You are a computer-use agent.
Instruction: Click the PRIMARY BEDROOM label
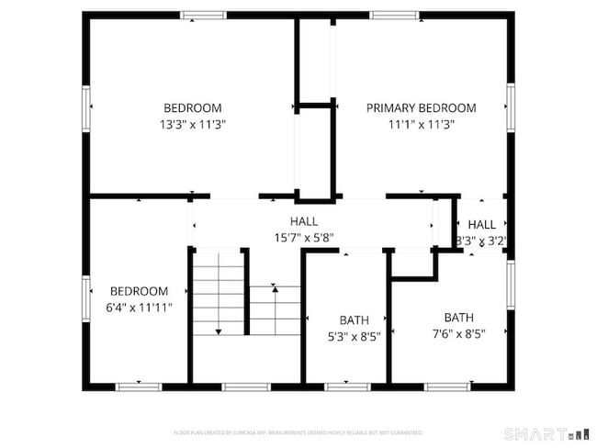pyautogui.click(x=408, y=107)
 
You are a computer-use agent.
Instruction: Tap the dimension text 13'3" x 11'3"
pyautogui.click(x=193, y=124)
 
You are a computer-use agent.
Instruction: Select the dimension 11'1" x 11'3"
pyautogui.click(x=408, y=124)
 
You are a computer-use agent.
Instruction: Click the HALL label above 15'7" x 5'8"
pyautogui.click(x=304, y=221)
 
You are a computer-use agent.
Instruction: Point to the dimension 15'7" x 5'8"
pyautogui.click(x=304, y=238)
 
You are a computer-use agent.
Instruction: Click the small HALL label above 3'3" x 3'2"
pyautogui.click(x=481, y=225)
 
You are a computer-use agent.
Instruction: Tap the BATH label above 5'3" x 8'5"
pyautogui.click(x=354, y=319)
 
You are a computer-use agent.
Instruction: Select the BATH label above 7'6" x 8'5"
pyautogui.click(x=459, y=317)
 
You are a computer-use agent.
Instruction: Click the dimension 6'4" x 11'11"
pyautogui.click(x=140, y=308)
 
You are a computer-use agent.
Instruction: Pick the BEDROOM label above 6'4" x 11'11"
pyautogui.click(x=140, y=291)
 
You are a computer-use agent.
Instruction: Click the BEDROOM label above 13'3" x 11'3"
pyautogui.click(x=193, y=107)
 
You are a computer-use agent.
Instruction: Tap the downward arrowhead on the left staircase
pyautogui.click(x=219, y=331)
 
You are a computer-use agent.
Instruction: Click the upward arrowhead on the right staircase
pyautogui.click(x=275, y=289)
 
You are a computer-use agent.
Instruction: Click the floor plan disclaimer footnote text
pyautogui.click(x=298, y=431)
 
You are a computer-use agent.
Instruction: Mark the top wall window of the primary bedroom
pyautogui.click(x=396, y=16)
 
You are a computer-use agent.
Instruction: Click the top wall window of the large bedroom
pyautogui.click(x=203, y=16)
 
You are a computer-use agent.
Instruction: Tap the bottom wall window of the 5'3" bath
pyautogui.click(x=347, y=386)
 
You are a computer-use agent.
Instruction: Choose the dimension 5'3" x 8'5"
pyautogui.click(x=354, y=336)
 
